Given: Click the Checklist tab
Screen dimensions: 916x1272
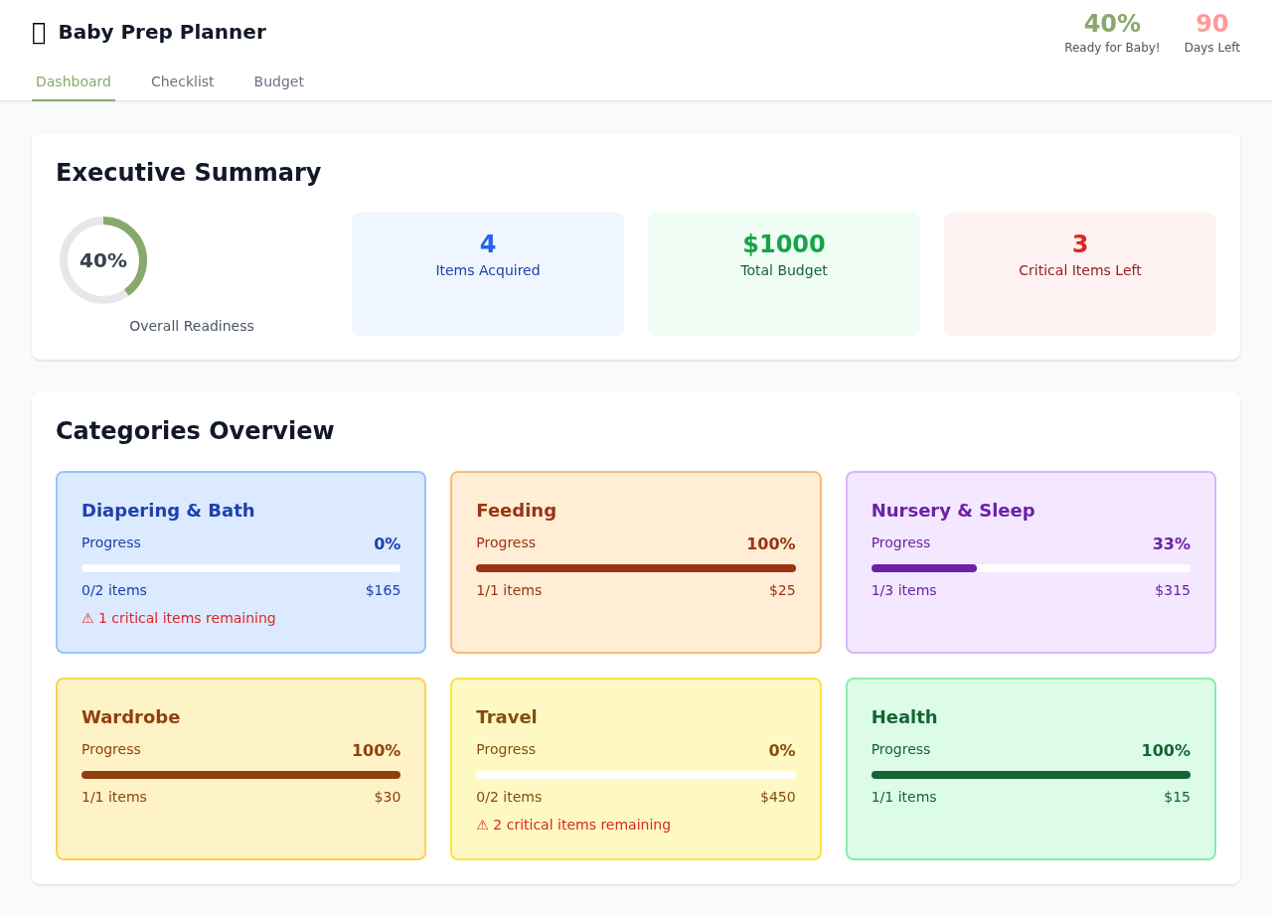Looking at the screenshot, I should pyautogui.click(x=182, y=81).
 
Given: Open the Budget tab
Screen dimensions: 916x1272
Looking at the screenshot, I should pyautogui.click(x=278, y=81).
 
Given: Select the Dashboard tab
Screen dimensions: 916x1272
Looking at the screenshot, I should pyautogui.click(x=74, y=81).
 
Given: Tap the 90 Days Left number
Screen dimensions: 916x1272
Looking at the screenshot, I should pyautogui.click(x=1211, y=24).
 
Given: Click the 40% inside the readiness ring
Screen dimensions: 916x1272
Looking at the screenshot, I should pyautogui.click(x=103, y=260).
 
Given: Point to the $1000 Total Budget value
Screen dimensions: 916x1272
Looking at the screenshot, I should pyautogui.click(x=783, y=244).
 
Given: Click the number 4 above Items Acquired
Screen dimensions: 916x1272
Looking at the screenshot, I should pyautogui.click(x=487, y=244).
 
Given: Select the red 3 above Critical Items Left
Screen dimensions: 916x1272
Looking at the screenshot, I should pyautogui.click(x=1079, y=244).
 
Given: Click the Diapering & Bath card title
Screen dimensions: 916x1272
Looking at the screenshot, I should pyautogui.click(x=168, y=511).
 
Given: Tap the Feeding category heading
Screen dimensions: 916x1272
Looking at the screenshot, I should pyautogui.click(x=516, y=511).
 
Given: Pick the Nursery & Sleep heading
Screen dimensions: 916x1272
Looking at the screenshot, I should pyautogui.click(x=952, y=511).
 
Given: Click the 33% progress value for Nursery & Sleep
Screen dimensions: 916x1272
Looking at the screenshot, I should pyautogui.click(x=1171, y=544).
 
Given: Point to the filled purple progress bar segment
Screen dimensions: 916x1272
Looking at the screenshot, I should pyautogui.click(x=923, y=568).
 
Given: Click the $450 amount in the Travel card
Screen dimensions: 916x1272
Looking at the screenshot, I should pyautogui.click(x=777, y=797).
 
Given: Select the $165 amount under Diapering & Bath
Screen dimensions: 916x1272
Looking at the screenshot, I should pyautogui.click(x=383, y=590).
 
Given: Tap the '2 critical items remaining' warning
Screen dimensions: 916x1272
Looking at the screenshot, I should pyautogui.click(x=573, y=825).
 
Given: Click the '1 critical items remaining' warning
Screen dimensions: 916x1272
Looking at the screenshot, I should pyautogui.click(x=179, y=618).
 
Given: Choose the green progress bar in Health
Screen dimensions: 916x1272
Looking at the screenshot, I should pyautogui.click(x=1031, y=775).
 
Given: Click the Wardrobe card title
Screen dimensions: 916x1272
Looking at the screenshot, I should pyautogui.click(x=130, y=717).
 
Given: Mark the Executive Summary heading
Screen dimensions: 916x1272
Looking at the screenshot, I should pyautogui.click(x=188, y=173).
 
